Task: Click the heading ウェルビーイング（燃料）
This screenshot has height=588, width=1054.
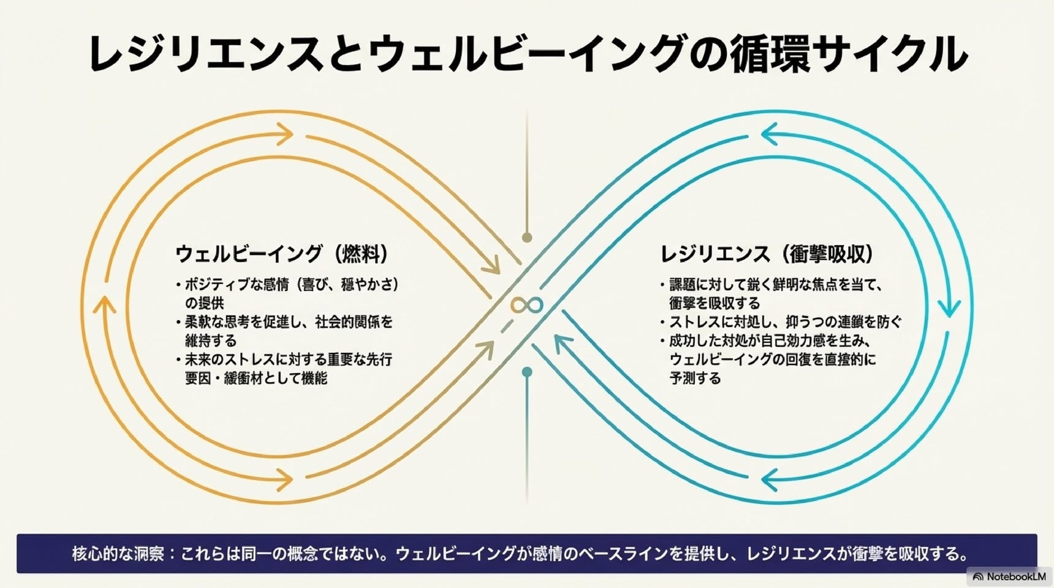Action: [283, 254]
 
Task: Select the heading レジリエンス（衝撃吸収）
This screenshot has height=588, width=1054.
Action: [768, 254]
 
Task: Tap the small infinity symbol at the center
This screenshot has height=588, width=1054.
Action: [527, 305]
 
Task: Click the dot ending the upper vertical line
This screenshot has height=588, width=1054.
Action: [527, 237]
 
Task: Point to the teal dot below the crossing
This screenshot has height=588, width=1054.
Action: [527, 372]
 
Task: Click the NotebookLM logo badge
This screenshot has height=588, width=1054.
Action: [1009, 576]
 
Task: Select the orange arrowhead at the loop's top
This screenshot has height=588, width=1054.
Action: [284, 134]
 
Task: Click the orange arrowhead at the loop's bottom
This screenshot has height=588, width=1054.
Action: [284, 480]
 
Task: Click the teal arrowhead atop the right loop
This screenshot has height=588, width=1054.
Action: [770, 134]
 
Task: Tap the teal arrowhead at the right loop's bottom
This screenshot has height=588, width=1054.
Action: [770, 480]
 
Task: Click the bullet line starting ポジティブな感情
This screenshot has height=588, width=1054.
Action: [287, 293]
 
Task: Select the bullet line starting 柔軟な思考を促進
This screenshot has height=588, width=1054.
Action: [284, 331]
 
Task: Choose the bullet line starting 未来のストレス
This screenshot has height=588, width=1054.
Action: [284, 368]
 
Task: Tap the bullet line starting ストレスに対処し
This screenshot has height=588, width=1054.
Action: [781, 322]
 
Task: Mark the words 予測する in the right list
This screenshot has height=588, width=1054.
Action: [695, 378]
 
